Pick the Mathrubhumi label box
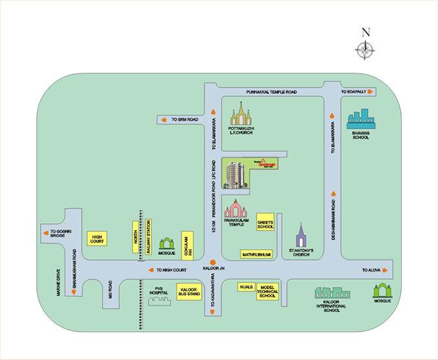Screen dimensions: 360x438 258,255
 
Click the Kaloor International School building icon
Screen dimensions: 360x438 333,295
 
